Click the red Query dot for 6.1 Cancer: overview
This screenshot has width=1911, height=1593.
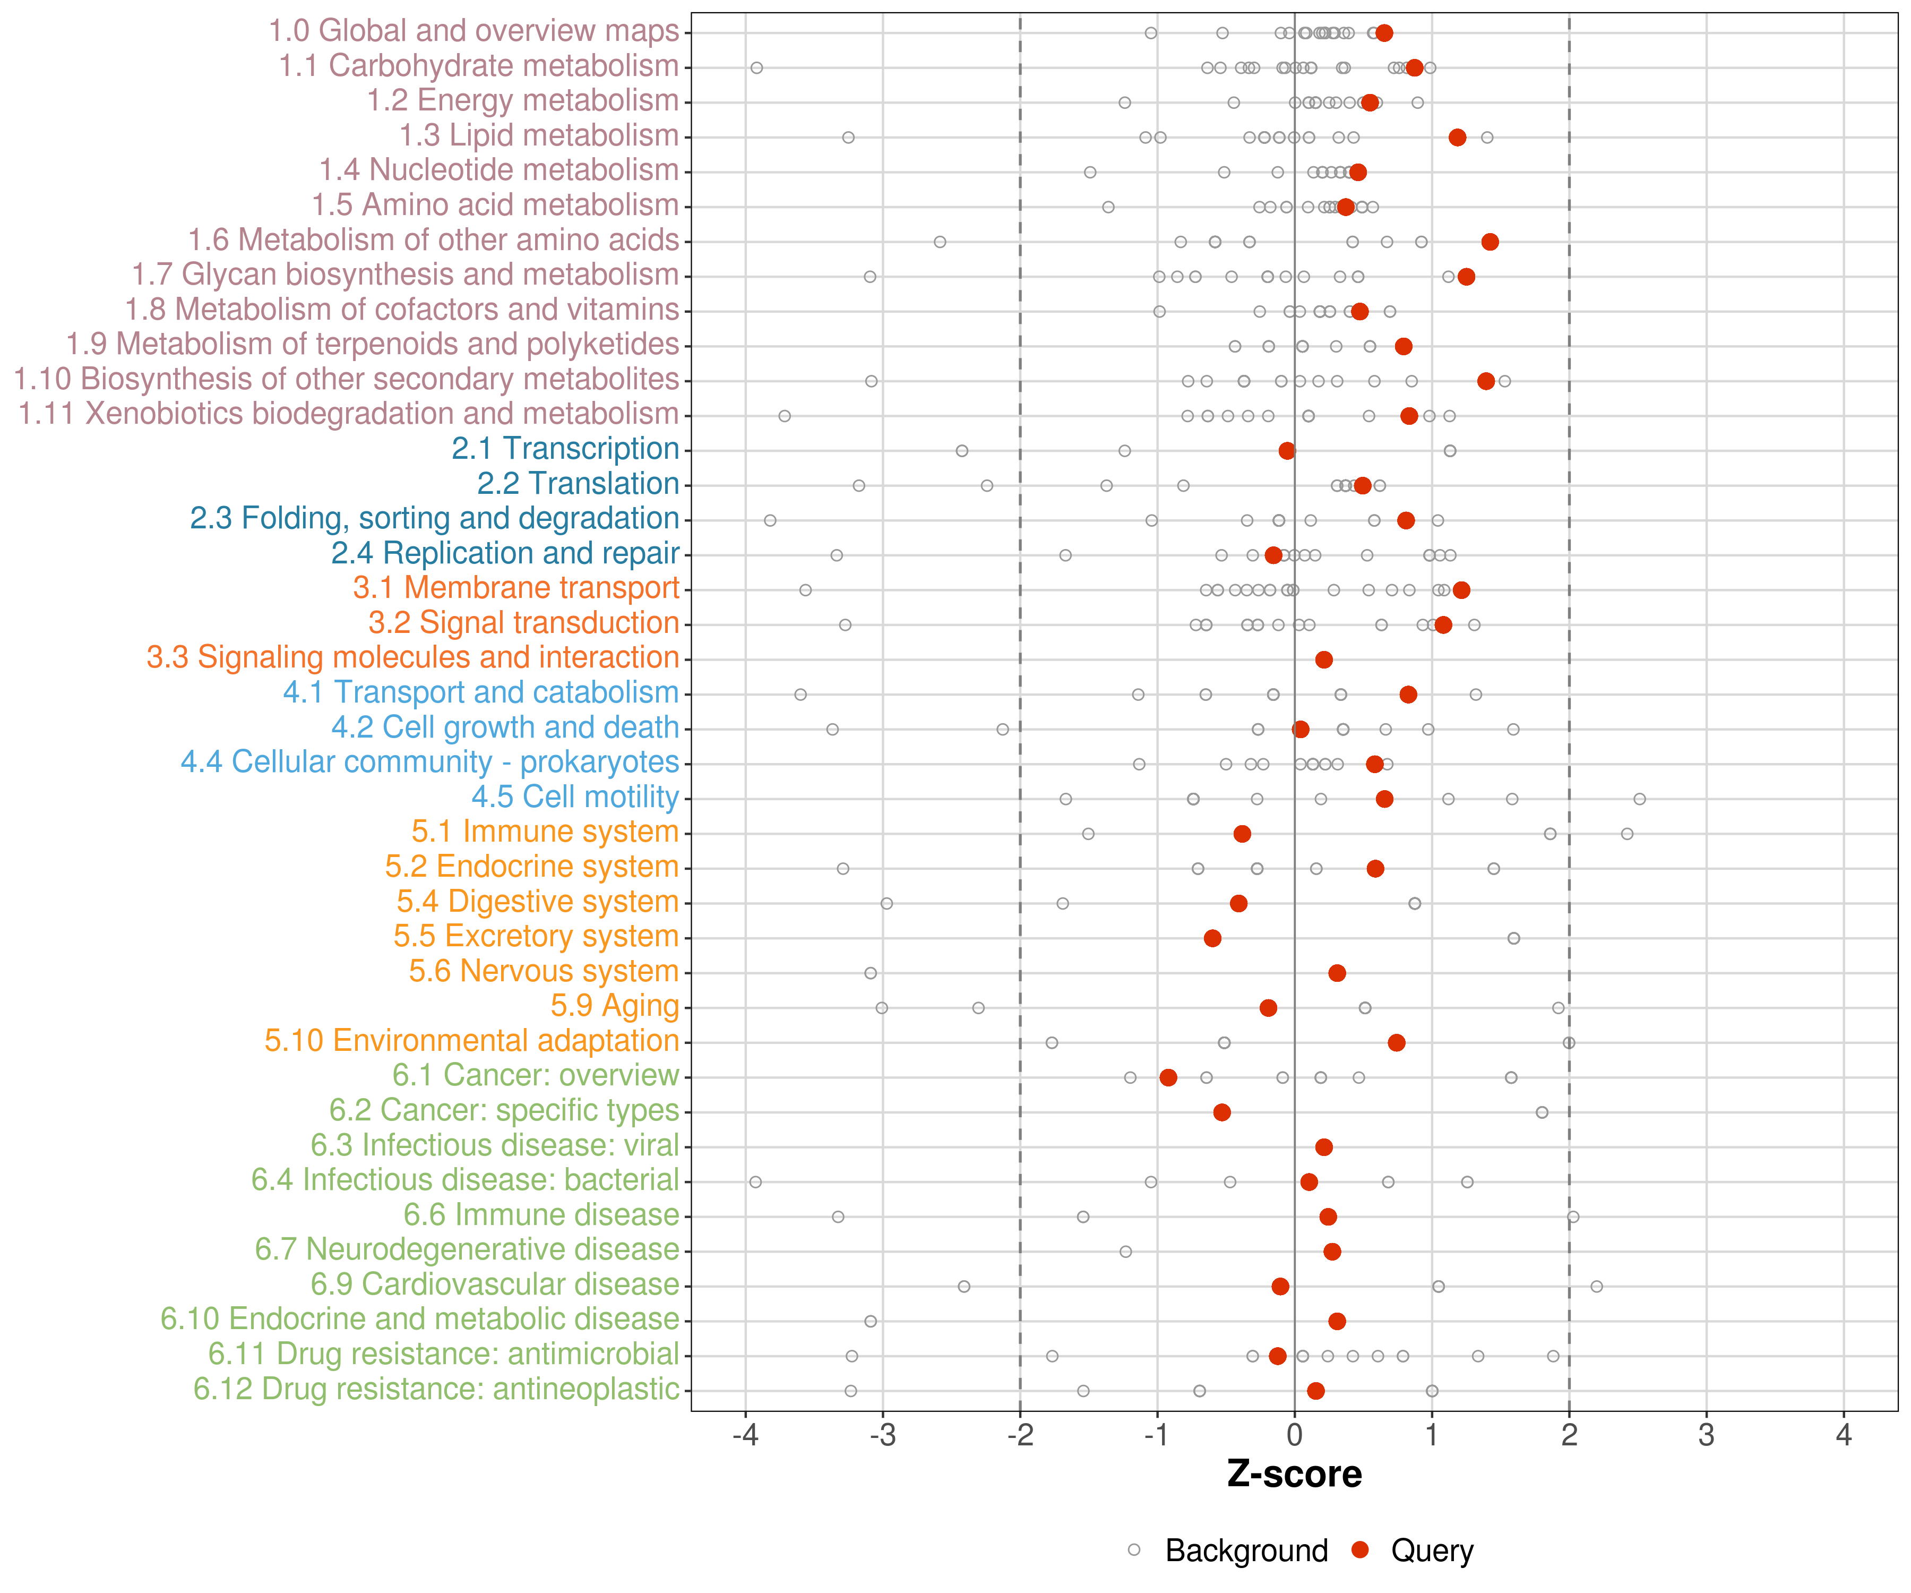1168,1078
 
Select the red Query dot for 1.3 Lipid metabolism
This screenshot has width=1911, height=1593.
1457,138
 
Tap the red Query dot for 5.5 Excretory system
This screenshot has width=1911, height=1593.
1212,938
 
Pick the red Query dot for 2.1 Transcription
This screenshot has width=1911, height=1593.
1287,451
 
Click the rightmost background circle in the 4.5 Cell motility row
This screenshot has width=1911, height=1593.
1640,799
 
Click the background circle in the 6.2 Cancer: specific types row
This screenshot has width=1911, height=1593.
1542,1112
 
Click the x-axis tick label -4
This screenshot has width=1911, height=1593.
745,1436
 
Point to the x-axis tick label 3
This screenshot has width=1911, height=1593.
1706,1436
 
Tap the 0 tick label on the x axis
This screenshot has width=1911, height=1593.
1294,1436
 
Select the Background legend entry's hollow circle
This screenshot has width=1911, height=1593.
1134,1550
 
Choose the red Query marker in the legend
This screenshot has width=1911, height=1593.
1361,1550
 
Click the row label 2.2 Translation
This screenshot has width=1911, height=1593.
578,483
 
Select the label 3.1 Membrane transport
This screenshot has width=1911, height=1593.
516,588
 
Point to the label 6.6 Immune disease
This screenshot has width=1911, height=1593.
541,1215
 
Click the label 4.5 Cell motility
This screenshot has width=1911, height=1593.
575,798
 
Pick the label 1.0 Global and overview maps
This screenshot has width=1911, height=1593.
474,31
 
